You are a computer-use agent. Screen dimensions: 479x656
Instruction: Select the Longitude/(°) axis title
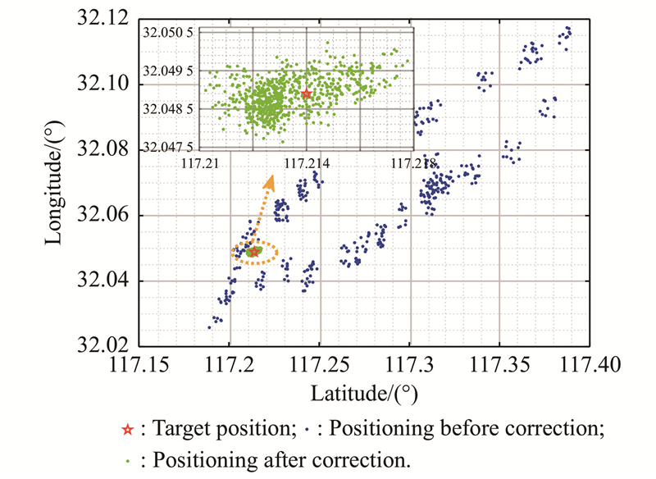click(56, 181)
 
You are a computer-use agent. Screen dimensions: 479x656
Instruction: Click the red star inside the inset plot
click(306, 94)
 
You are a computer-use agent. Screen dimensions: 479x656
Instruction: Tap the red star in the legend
click(127, 429)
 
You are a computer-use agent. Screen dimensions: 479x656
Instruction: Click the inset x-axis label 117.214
click(306, 163)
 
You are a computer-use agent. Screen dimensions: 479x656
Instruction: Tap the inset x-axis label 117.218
click(413, 163)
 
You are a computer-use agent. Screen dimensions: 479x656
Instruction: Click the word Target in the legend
click(175, 429)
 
